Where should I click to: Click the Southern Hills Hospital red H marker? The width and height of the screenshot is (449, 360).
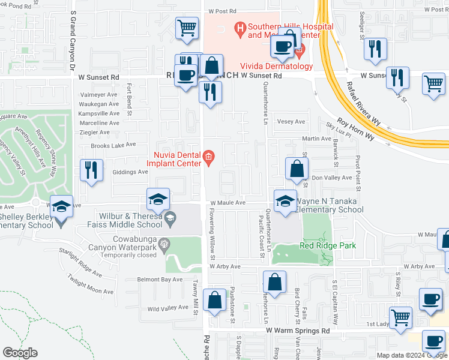[x=240, y=28]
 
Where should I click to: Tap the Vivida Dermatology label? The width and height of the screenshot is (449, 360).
[x=277, y=66]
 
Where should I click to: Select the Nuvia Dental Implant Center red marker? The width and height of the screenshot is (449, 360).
[x=208, y=158]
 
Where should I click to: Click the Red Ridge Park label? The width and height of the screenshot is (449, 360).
[x=328, y=245]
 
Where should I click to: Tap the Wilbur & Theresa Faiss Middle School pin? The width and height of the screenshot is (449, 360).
[x=170, y=218]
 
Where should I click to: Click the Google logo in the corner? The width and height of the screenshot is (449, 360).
[x=20, y=353]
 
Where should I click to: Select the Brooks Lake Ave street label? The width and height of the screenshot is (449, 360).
[x=113, y=146]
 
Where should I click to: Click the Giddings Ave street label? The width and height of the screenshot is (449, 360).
[x=130, y=172]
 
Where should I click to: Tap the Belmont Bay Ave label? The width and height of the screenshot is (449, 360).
[x=159, y=280]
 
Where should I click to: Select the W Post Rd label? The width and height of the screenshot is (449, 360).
[x=223, y=11]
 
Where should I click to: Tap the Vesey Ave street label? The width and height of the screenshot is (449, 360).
[x=291, y=121]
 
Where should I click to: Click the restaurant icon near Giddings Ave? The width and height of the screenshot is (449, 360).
[x=88, y=170]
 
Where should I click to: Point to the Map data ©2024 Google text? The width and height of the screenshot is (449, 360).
[x=411, y=355]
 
